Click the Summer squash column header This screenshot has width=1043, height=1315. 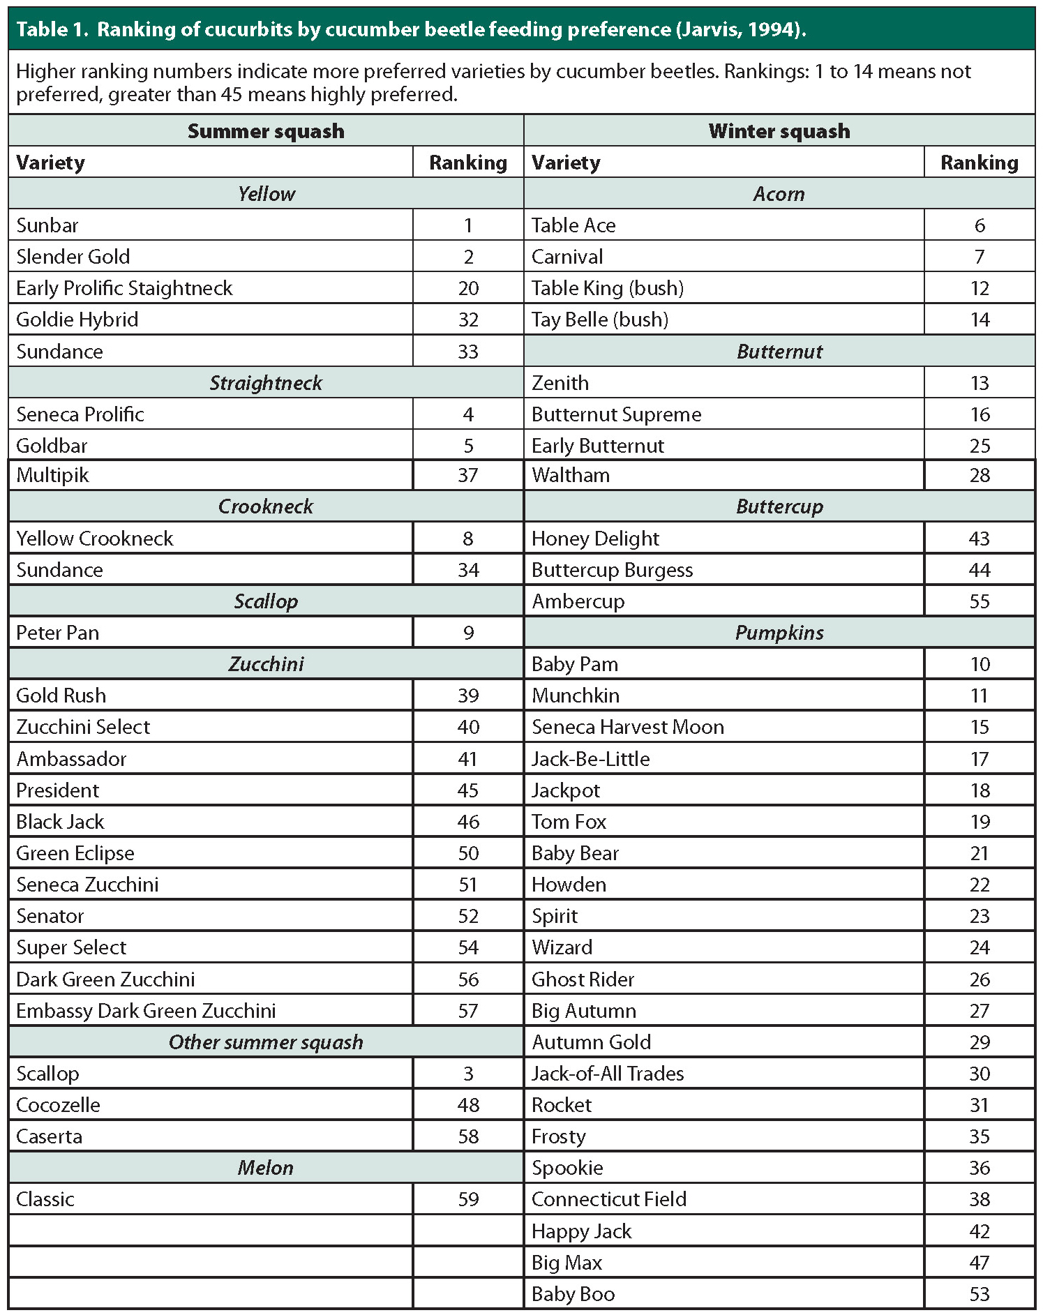pos(266,131)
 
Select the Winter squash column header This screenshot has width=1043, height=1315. pos(779,131)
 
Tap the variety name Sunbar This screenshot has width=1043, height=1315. pos(47,225)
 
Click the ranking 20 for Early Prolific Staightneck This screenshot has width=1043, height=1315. pos(468,288)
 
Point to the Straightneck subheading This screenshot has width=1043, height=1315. pos(266,383)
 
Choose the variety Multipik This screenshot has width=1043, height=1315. pos(53,476)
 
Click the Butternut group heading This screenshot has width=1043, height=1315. pos(779,352)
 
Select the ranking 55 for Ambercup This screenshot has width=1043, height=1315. pos(980,601)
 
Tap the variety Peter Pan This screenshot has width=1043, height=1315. pos(58,633)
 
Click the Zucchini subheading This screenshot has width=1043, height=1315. pos(266,664)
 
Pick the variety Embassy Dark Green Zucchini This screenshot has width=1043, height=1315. pos(146,1011)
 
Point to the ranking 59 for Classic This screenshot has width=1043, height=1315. pos(468,1199)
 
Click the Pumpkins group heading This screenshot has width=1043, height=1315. pos(779,633)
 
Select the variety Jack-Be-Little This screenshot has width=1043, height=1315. pos(590,759)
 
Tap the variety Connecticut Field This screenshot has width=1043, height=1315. pos(609,1199)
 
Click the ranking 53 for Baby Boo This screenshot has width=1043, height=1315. pos(980,1294)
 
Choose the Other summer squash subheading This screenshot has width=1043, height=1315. pos(266,1042)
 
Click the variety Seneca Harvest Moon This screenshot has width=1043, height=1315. pos(628,727)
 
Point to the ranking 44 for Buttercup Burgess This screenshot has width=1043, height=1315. pos(980,570)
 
